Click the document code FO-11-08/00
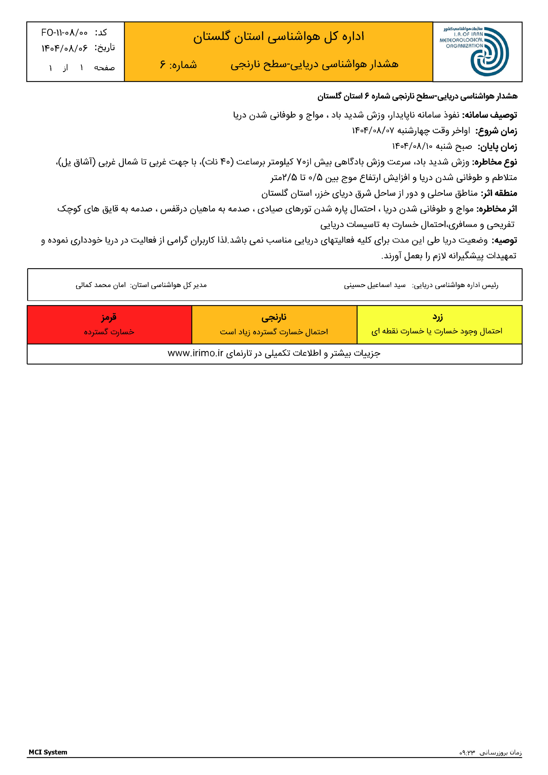[64, 33]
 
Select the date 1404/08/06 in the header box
[64, 48]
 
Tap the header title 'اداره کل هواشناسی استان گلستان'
[279, 36]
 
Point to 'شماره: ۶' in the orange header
[178, 64]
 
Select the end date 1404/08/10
[412, 147]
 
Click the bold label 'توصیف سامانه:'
[490, 115]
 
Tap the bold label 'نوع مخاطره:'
[494, 162]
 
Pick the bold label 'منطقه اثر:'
[499, 193]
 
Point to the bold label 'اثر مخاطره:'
[496, 209]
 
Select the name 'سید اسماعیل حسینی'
[375, 285]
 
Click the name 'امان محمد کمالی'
[101, 285]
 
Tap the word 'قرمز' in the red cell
[109, 317]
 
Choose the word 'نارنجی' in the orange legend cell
[274, 317]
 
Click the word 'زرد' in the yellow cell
[437, 317]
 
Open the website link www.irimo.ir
[196, 353]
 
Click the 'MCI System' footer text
[48, 752]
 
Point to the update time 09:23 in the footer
[467, 753]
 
